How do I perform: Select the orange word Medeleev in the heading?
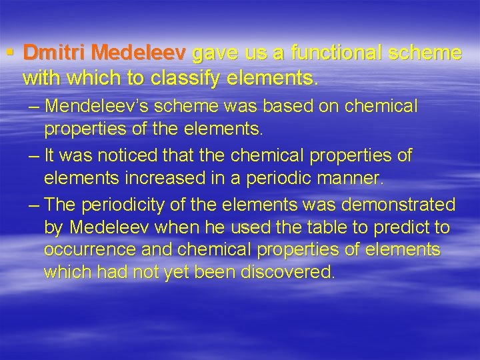(x=139, y=53)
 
